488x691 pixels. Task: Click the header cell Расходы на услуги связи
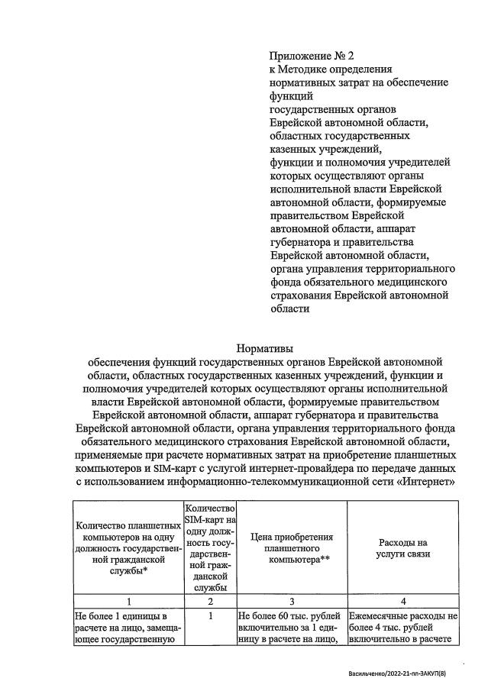[x=402, y=548]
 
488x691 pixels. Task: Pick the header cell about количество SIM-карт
[x=209, y=548]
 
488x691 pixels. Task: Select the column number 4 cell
[x=402, y=601]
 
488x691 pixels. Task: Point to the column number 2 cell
[x=209, y=601]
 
